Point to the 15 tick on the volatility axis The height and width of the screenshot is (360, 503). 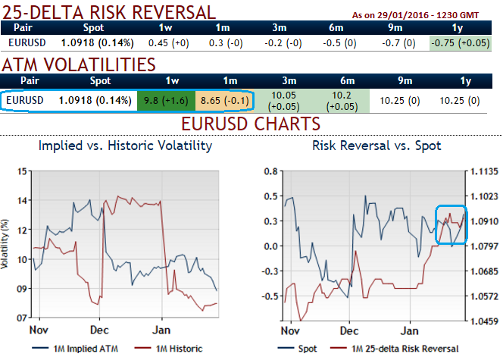click(x=20, y=171)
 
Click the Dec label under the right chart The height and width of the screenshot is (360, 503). click(x=349, y=331)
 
